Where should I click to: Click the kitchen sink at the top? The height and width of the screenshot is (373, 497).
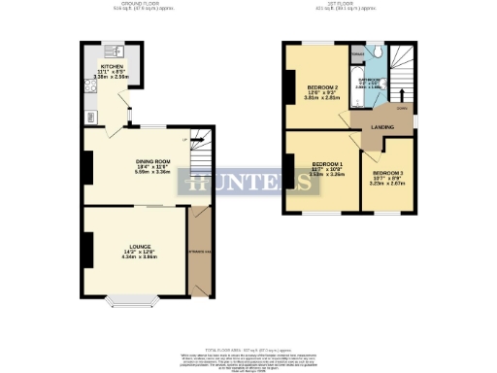point(112,48)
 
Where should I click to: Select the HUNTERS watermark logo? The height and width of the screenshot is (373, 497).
point(248,184)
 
